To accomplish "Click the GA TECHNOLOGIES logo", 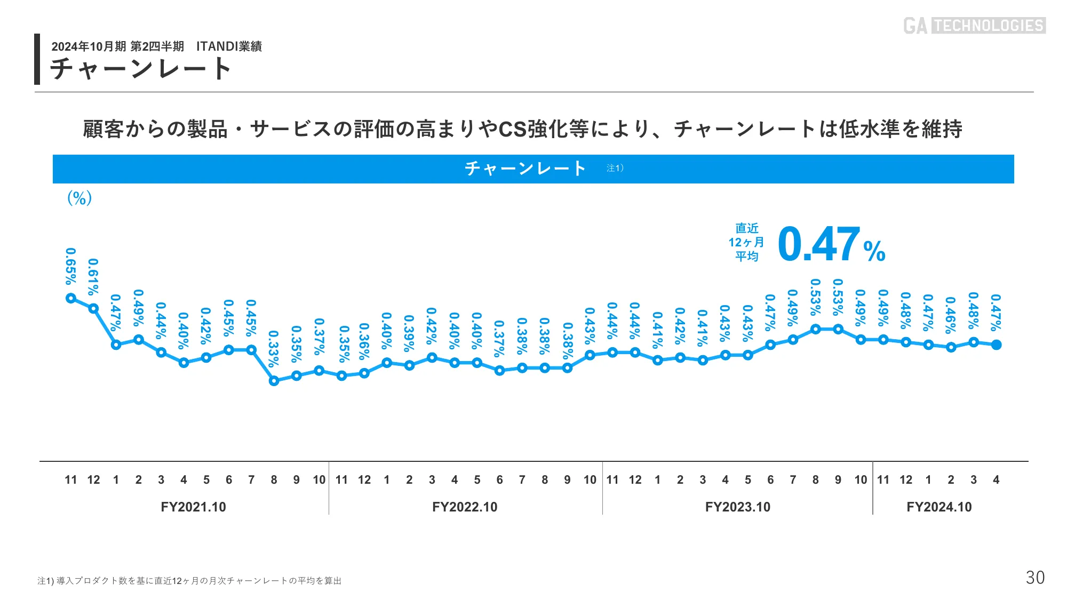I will coord(974,26).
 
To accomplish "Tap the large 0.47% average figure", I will coord(831,245).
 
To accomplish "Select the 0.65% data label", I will coord(71,266).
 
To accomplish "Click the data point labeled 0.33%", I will coord(274,381).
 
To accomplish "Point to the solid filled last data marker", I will coord(996,345).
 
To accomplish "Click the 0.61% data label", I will coord(93,277).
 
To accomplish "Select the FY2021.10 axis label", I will coord(193,507).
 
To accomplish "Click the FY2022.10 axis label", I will coord(465,507).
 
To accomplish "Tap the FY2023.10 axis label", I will coord(738,507).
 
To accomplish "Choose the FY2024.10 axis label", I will coord(939,507).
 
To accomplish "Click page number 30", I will coord(1035,578).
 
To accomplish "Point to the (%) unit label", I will coord(79,198).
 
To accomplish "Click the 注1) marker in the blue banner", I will coord(615,168).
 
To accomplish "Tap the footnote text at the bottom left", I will coord(189,581).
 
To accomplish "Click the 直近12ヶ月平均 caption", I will coord(746,242).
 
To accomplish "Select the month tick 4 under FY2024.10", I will coord(996,479).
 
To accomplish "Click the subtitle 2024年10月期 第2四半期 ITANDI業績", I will coord(156,46).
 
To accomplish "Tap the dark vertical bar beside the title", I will coord(37,59).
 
